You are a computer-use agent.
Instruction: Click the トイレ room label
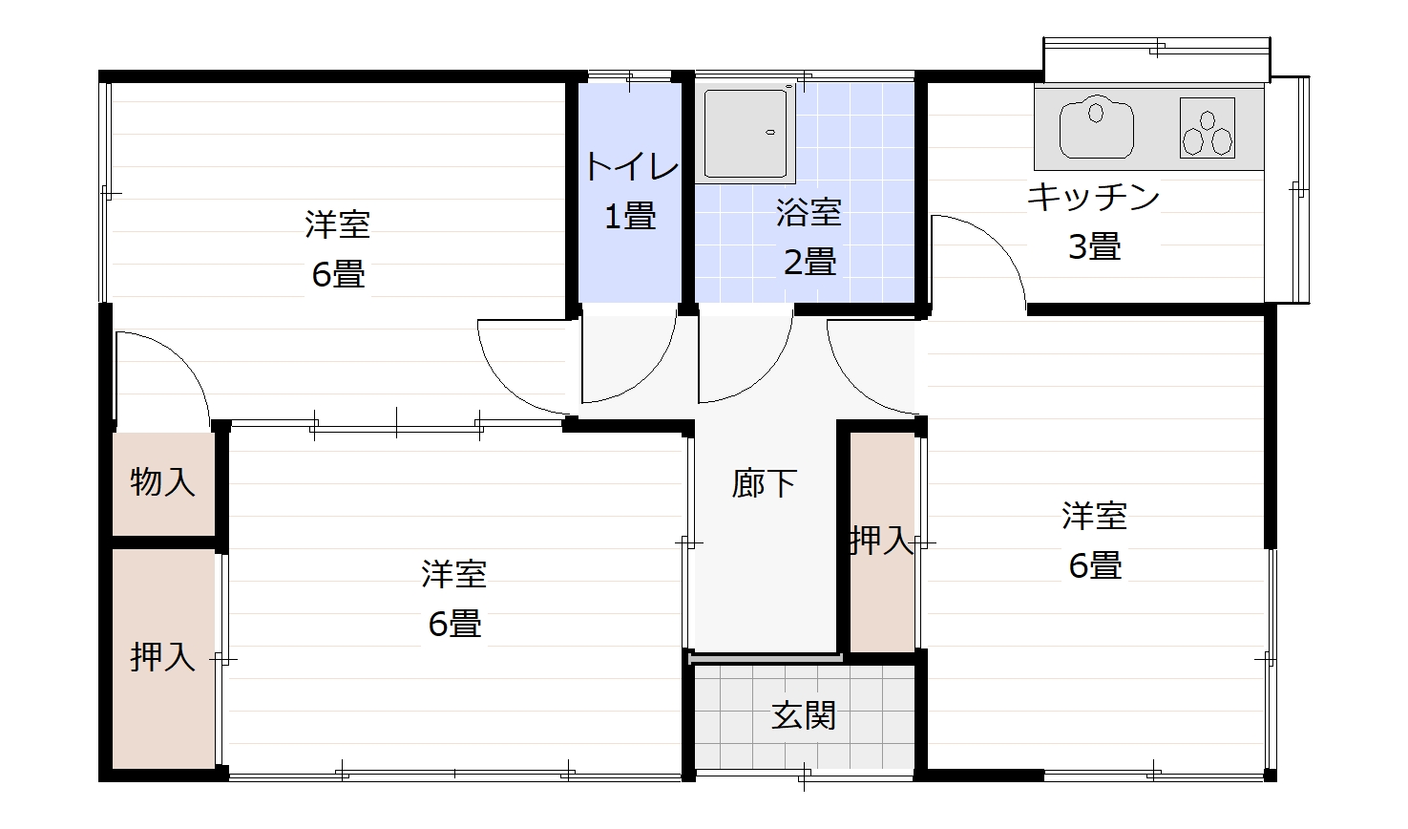(631, 168)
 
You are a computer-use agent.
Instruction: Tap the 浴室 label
(808, 212)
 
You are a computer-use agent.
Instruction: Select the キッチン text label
(1093, 198)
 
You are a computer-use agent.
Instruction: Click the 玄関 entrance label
(804, 714)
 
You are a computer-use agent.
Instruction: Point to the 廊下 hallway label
(764, 483)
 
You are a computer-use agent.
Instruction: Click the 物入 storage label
(162, 482)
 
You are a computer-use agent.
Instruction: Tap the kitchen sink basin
(1097, 127)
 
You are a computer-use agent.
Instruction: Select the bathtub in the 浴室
(746, 133)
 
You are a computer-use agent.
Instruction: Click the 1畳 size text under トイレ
(630, 217)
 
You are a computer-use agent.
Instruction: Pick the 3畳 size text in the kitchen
(1093, 247)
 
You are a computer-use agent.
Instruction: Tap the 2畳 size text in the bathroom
(809, 261)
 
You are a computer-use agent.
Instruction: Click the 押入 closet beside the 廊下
(882, 542)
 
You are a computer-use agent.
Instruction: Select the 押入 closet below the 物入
(162, 657)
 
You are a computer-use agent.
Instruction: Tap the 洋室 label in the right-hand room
(1094, 516)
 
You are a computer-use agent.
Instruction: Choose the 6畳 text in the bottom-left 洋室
(454, 624)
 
